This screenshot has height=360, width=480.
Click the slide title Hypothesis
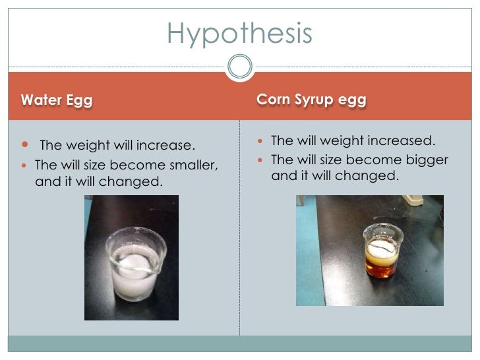239,33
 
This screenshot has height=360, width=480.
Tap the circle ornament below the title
239,67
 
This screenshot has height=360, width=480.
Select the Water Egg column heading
57,100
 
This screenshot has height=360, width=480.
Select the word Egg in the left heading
78,100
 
